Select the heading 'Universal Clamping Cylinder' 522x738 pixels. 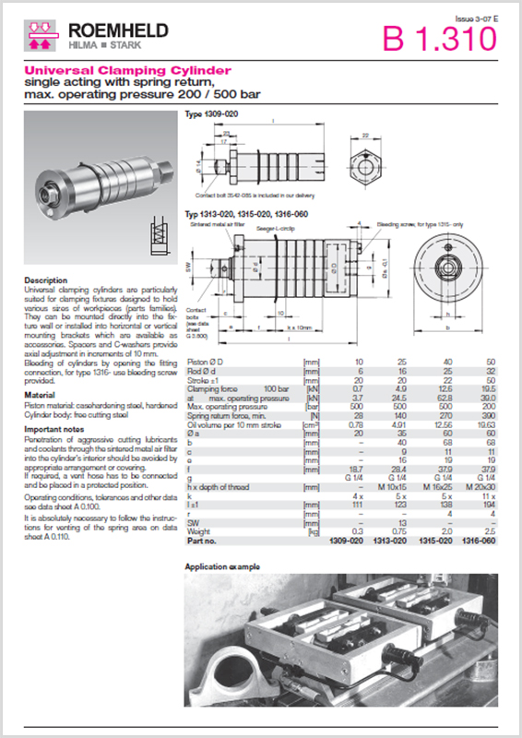tap(127, 70)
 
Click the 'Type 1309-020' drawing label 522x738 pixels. tap(208, 114)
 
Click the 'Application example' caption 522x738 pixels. tap(224, 565)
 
